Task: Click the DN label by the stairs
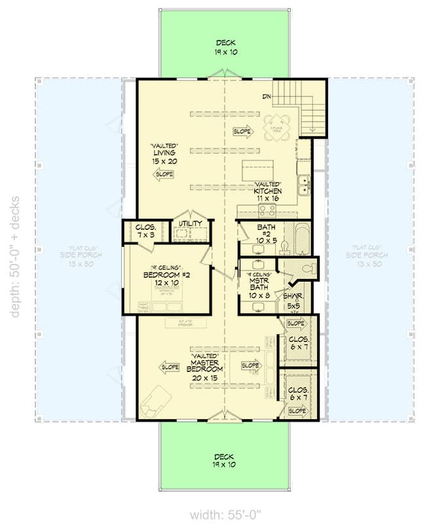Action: (x=267, y=97)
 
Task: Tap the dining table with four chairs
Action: (x=276, y=127)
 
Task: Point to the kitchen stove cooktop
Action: (x=267, y=211)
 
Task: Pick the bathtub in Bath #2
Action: (x=300, y=239)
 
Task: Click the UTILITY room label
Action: (x=190, y=224)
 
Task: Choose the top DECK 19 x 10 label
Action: (x=223, y=47)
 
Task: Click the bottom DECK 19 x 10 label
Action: (x=223, y=460)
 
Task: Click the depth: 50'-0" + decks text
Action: (x=14, y=256)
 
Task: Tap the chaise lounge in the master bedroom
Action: (x=157, y=400)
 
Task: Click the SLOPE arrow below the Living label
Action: (x=164, y=174)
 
